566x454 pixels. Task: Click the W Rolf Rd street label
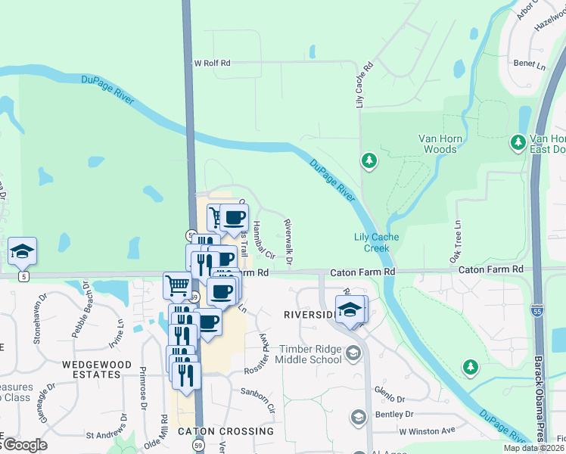[212, 64]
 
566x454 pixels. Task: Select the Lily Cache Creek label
[377, 242]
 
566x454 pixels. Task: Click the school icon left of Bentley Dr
[359, 417]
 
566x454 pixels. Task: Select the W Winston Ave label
[428, 431]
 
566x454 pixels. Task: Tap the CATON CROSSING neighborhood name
[225, 431]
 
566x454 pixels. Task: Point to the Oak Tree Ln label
[457, 242]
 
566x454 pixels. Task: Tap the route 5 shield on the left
[25, 277]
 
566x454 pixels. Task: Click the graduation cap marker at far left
[23, 251]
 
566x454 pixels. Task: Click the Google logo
[24, 445]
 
